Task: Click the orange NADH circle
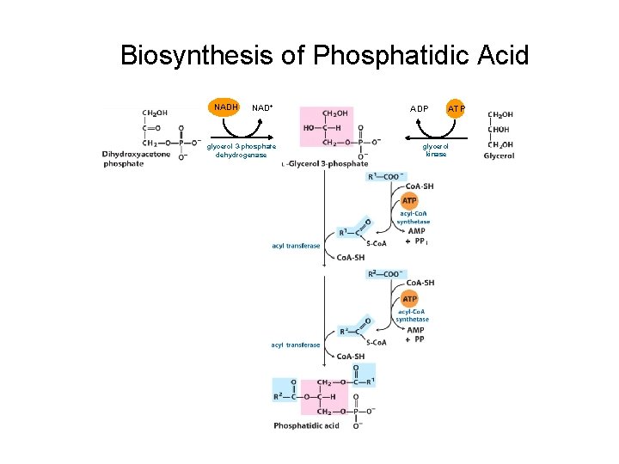[226, 107]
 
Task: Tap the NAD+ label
[262, 108]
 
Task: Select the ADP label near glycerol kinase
[419, 109]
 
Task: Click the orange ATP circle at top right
[456, 109]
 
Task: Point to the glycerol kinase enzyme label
[435, 150]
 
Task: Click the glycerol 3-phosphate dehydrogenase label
[242, 150]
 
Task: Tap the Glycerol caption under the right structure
[499, 156]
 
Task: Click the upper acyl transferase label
[296, 246]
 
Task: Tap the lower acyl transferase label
[296, 345]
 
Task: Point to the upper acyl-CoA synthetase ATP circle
[410, 200]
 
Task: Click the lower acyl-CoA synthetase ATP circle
[410, 298]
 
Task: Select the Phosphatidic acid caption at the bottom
[306, 425]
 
